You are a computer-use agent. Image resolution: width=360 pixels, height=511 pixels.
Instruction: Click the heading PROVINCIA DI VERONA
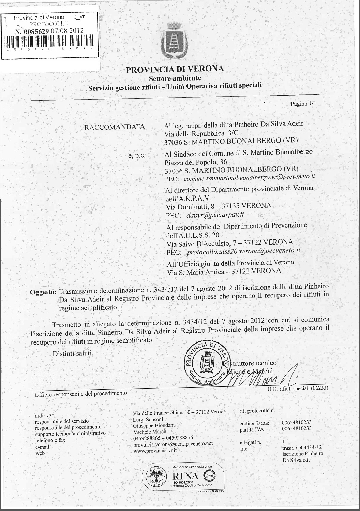pyautogui.click(x=175, y=69)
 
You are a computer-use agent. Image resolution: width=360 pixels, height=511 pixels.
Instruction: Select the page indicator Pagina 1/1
pyautogui.click(x=303, y=104)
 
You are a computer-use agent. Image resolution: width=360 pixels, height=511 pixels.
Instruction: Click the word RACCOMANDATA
pyautogui.click(x=114, y=127)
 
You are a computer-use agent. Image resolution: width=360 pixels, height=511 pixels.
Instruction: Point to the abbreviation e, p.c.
pyautogui.click(x=137, y=156)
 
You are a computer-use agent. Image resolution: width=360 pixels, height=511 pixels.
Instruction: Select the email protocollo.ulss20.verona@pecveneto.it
pyautogui.click(x=243, y=251)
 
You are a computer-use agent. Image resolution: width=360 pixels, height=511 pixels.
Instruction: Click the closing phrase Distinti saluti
pyautogui.click(x=73, y=353)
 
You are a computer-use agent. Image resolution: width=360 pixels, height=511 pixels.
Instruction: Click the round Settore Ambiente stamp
pyautogui.click(x=206, y=363)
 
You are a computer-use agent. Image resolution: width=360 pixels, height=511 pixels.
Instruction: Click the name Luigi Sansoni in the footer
pyautogui.click(x=148, y=419)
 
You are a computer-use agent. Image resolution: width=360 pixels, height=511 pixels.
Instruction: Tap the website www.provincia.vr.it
pyautogui.click(x=155, y=450)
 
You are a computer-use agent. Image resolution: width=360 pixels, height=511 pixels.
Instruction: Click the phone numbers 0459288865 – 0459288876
pyautogui.click(x=163, y=438)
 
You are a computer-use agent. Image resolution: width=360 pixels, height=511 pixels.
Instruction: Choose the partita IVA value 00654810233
pyautogui.click(x=297, y=429)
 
